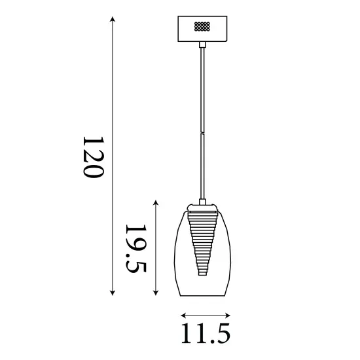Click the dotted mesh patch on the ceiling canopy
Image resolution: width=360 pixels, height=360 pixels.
tap(202, 27)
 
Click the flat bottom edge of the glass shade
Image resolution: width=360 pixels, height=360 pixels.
tap(203, 294)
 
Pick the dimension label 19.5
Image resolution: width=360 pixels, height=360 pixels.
tap(135, 249)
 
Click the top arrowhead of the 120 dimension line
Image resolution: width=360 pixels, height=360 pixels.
tap(114, 20)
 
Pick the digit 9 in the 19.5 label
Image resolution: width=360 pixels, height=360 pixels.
tap(135, 243)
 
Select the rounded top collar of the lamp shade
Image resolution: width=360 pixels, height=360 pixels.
tap(203, 209)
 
